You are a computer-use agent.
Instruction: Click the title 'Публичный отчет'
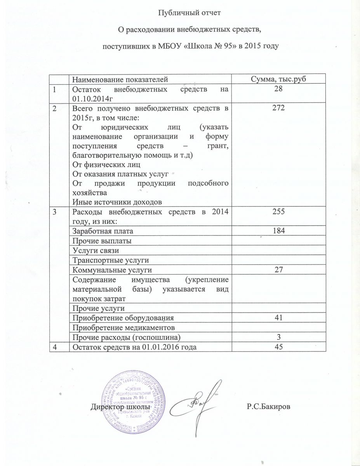tap(191, 13)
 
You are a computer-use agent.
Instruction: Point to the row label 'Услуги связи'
tap(94, 250)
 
